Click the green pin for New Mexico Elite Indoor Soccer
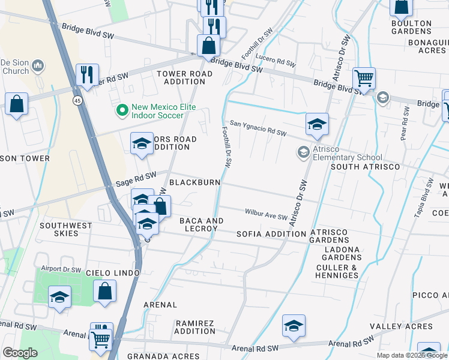tap(122, 110)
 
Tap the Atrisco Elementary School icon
tap(304, 153)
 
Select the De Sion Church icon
tap(38, 66)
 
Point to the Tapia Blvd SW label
tap(427, 190)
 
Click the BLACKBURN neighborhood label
tap(194, 182)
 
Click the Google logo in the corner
tap(20, 353)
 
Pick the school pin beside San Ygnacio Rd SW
tap(317, 125)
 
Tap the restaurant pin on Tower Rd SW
tap(87, 75)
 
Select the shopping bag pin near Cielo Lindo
tap(104, 292)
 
